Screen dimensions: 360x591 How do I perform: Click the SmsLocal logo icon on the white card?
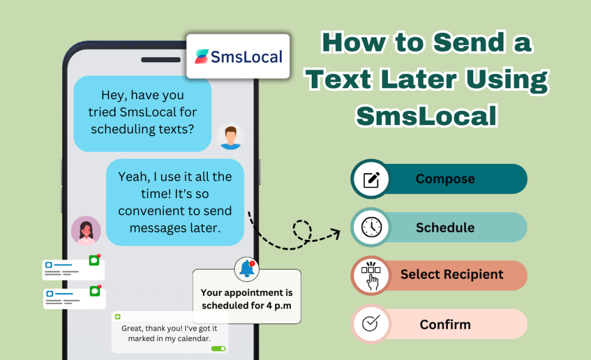[202, 56]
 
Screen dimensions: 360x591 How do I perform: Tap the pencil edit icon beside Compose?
[371, 179]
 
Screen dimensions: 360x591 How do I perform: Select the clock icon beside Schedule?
[371, 227]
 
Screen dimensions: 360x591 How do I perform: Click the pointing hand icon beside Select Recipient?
[371, 275]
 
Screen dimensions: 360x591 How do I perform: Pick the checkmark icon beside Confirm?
[369, 324]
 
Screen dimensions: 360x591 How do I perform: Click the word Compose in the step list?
[445, 179]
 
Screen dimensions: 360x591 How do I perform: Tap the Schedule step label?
[445, 227]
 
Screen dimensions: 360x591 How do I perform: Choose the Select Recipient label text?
[452, 275]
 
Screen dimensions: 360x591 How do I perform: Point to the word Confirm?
[445, 324]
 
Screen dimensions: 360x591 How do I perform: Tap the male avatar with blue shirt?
[230, 137]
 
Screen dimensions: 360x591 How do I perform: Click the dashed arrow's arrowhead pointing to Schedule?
[335, 233]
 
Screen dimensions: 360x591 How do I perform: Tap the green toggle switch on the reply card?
[218, 348]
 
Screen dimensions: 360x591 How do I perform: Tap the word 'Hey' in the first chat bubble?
[114, 95]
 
